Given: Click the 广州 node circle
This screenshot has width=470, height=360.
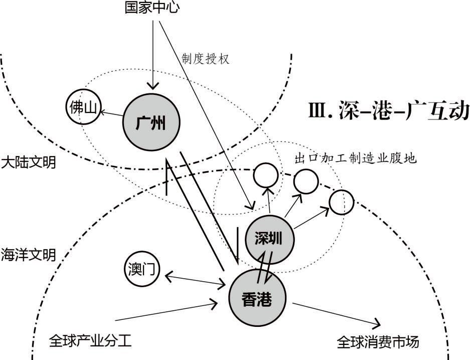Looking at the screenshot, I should pos(151,123).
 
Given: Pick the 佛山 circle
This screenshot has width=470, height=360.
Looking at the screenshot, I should pos(83,109).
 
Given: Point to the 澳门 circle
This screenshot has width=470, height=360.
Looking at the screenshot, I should pos(141,269).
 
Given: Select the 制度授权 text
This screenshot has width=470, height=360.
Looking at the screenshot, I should pos(206,59).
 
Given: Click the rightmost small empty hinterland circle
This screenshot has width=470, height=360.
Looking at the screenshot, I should pos(342,202).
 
